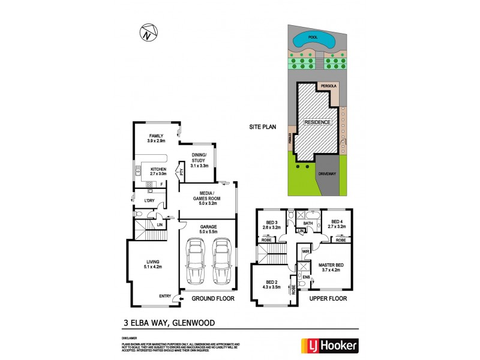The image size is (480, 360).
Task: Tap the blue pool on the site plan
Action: pos(312,41)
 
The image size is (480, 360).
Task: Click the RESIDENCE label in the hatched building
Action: pos(317,122)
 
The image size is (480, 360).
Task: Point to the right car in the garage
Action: pos(221,261)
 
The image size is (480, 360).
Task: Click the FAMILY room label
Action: pos(156,136)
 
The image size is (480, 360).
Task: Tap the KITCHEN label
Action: pos(158,169)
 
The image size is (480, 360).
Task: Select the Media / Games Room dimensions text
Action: pos(206,203)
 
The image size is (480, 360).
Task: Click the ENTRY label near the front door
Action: pos(165,296)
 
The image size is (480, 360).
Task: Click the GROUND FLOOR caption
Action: pos(212,298)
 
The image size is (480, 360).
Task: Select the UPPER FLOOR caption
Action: pos(328,298)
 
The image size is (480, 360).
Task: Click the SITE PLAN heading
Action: pos(263,127)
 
